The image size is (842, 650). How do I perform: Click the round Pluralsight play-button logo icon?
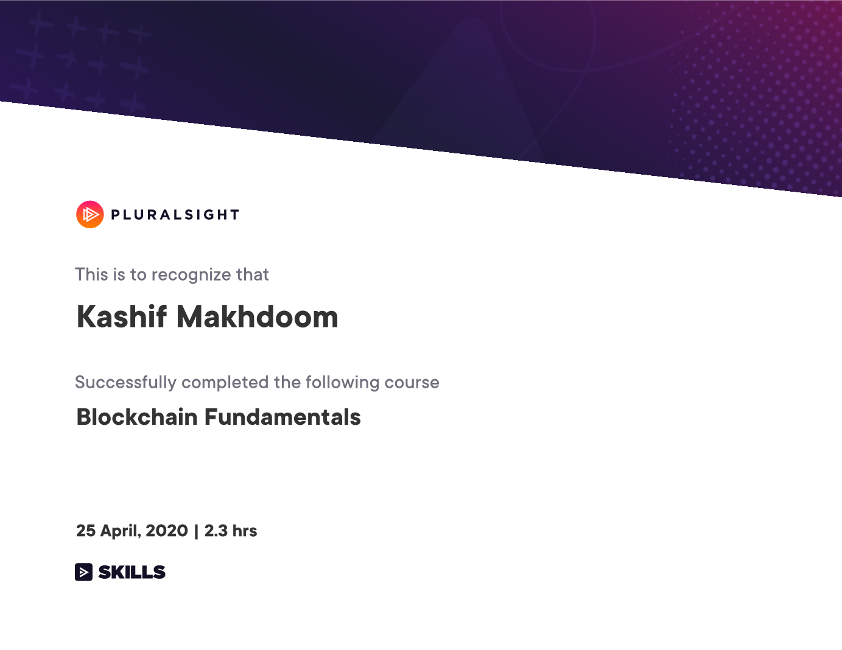point(90,214)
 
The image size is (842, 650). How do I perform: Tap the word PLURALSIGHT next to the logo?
point(175,215)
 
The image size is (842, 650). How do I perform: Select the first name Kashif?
point(122,316)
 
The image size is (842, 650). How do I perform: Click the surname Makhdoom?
point(258,316)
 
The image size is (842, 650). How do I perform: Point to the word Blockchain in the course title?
point(137,417)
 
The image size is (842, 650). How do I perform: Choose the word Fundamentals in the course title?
point(282,417)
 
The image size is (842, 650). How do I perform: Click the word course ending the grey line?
point(412,383)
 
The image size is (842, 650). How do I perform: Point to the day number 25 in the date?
point(86,531)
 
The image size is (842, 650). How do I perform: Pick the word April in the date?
point(120,531)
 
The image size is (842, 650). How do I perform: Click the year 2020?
point(167,531)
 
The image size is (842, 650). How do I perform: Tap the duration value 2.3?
point(216,531)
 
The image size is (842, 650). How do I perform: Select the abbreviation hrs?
point(245,531)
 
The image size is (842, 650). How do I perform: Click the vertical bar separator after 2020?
point(196,531)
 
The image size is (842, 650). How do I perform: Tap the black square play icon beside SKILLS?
point(83,572)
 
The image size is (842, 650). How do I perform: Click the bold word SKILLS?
point(132,572)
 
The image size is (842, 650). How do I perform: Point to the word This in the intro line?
point(91,274)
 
